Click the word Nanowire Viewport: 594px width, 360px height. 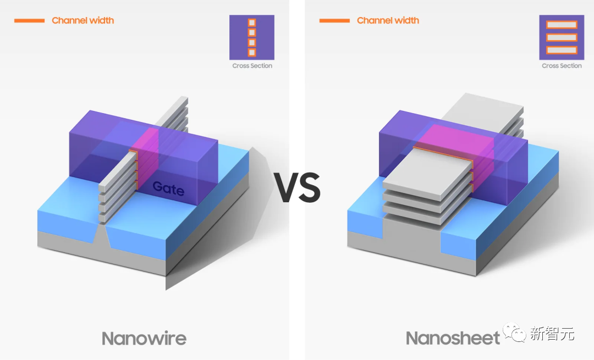(x=144, y=338)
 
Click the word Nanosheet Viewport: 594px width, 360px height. (x=453, y=338)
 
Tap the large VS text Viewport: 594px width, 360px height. (x=298, y=188)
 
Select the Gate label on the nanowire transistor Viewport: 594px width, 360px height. (x=168, y=187)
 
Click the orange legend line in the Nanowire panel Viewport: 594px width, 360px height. (x=29, y=21)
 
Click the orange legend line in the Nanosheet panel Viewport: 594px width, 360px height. (x=334, y=21)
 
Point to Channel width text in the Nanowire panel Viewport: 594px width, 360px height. (x=83, y=21)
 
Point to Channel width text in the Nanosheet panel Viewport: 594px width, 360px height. (x=388, y=21)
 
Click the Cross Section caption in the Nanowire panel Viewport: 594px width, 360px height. (x=252, y=66)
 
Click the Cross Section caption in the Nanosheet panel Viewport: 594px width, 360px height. (x=562, y=66)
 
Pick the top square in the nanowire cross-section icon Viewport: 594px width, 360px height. (x=252, y=23)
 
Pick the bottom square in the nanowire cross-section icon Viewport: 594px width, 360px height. (x=252, y=52)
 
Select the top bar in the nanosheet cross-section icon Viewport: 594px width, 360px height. (x=562, y=25)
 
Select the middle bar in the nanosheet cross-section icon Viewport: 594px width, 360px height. (x=562, y=37)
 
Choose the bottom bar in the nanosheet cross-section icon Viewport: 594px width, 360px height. (x=562, y=50)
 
